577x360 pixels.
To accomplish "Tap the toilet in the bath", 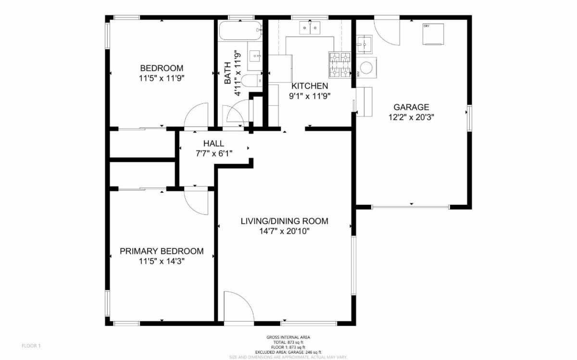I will pos(251,80).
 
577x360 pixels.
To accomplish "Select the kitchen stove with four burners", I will pos(339,64).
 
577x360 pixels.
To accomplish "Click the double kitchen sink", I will pos(310,29).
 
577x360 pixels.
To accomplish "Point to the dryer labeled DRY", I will pos(433,34).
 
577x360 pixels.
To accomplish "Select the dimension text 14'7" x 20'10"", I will pos(284,231).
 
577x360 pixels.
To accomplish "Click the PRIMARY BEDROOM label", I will pos(162,251).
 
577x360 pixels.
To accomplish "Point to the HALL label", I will pos(213,143).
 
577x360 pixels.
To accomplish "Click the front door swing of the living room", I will pos(238,308).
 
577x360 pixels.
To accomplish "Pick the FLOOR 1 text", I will pos(32,346).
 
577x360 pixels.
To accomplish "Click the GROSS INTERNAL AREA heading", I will pos(288,337).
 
